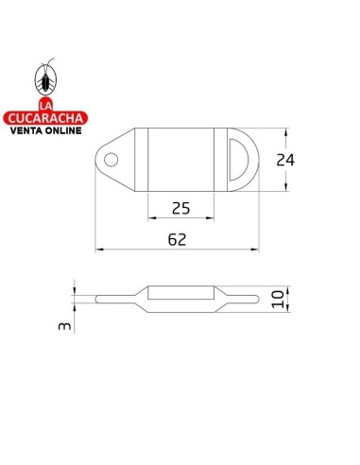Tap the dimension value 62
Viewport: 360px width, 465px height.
176,240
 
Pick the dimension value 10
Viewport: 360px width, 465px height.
276,300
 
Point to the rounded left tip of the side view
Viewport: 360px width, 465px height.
100,300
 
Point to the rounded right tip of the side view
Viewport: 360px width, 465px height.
255,300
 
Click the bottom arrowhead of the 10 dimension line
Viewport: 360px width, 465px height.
287,311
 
